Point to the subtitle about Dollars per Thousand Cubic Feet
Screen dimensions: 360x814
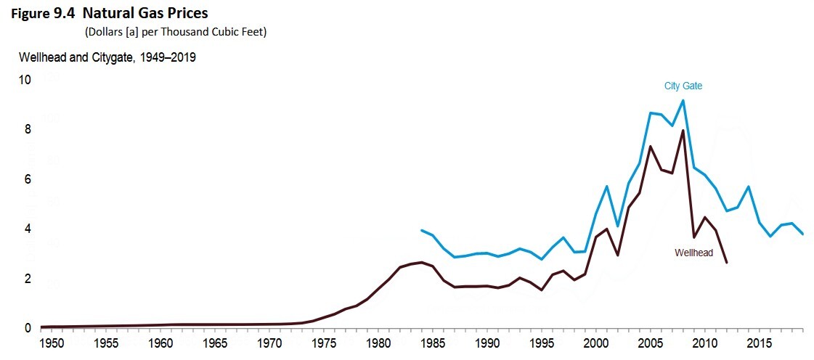click(x=176, y=33)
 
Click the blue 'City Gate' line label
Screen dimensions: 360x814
click(x=683, y=86)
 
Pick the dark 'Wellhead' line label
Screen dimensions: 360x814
click(x=693, y=253)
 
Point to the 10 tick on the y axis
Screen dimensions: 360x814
click(x=25, y=80)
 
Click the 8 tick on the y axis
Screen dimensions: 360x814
click(x=28, y=130)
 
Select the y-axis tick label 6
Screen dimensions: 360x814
click(x=28, y=179)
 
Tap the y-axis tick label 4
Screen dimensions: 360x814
click(x=28, y=229)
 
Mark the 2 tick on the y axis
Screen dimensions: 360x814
click(x=28, y=279)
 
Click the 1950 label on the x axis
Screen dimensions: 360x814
click(x=51, y=343)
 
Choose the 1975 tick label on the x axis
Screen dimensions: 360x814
click(x=323, y=343)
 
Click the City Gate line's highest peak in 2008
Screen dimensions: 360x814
click(x=683, y=101)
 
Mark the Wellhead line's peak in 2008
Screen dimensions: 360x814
click(x=683, y=131)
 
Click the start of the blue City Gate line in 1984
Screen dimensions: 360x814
click(x=422, y=230)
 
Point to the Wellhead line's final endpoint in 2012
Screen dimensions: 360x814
click(x=726, y=262)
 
